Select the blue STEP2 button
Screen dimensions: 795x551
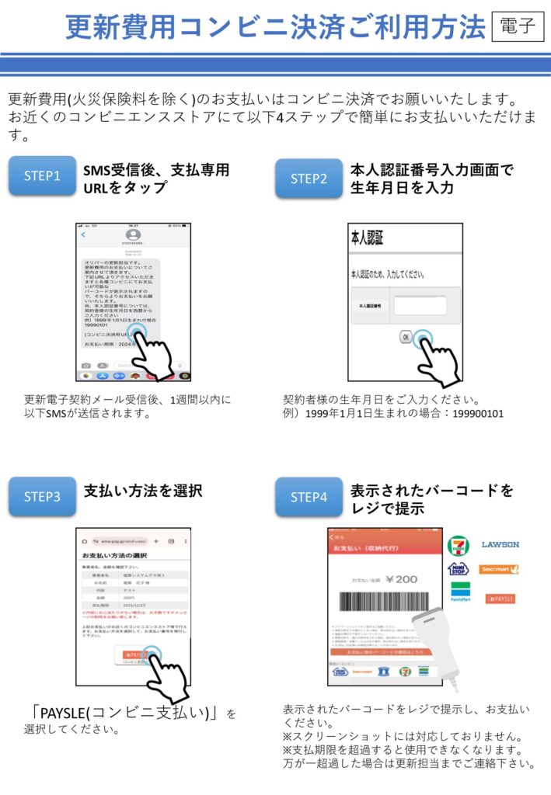309,179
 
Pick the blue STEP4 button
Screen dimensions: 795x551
309,497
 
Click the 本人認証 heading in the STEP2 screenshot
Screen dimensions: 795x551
368,238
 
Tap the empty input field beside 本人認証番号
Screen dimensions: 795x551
419,306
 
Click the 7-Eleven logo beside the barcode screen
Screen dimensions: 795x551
459,545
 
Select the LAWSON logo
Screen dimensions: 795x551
500,544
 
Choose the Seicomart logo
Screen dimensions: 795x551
500,570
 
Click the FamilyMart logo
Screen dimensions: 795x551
460,594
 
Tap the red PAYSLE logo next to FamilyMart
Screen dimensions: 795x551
500,599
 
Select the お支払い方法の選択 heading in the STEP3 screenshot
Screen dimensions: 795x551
116,556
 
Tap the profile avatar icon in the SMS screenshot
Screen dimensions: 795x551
133,234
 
